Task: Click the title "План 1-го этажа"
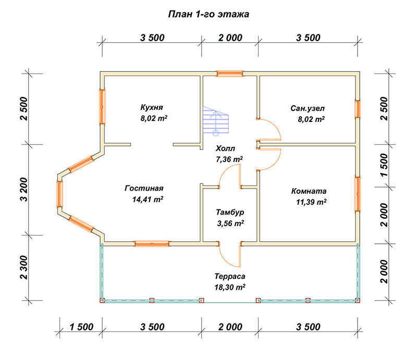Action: (208, 14)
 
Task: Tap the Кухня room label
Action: (152, 107)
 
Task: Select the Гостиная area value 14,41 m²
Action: (148, 199)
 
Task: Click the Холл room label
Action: (225, 148)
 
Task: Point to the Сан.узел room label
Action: (308, 108)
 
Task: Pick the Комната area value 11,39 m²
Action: (311, 202)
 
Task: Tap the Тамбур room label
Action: (230, 212)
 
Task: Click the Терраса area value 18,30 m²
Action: (230, 287)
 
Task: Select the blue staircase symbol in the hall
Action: (216, 121)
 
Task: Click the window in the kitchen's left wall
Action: (102, 106)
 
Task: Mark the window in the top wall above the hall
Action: (230, 73)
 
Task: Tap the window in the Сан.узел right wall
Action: (358, 109)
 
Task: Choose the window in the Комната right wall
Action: (358, 194)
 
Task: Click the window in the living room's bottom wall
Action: (152, 244)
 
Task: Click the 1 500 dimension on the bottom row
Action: (81, 327)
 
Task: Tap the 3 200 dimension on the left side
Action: (24, 189)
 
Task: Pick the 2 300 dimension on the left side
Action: (24, 267)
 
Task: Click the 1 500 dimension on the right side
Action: (384, 165)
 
